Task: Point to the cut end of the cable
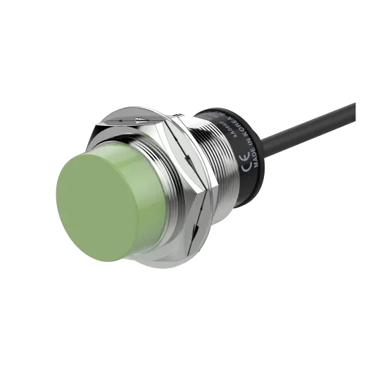click(357, 101)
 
